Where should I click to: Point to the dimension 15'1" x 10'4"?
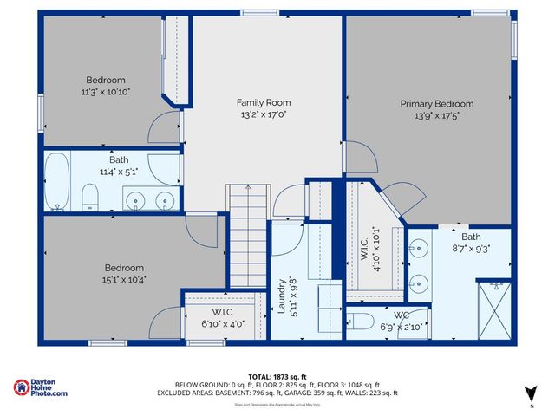[x=124, y=279]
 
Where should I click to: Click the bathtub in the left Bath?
[x=58, y=182]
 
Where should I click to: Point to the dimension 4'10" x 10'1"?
[x=375, y=248]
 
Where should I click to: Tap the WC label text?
[x=401, y=315]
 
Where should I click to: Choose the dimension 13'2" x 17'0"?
[x=264, y=114]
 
